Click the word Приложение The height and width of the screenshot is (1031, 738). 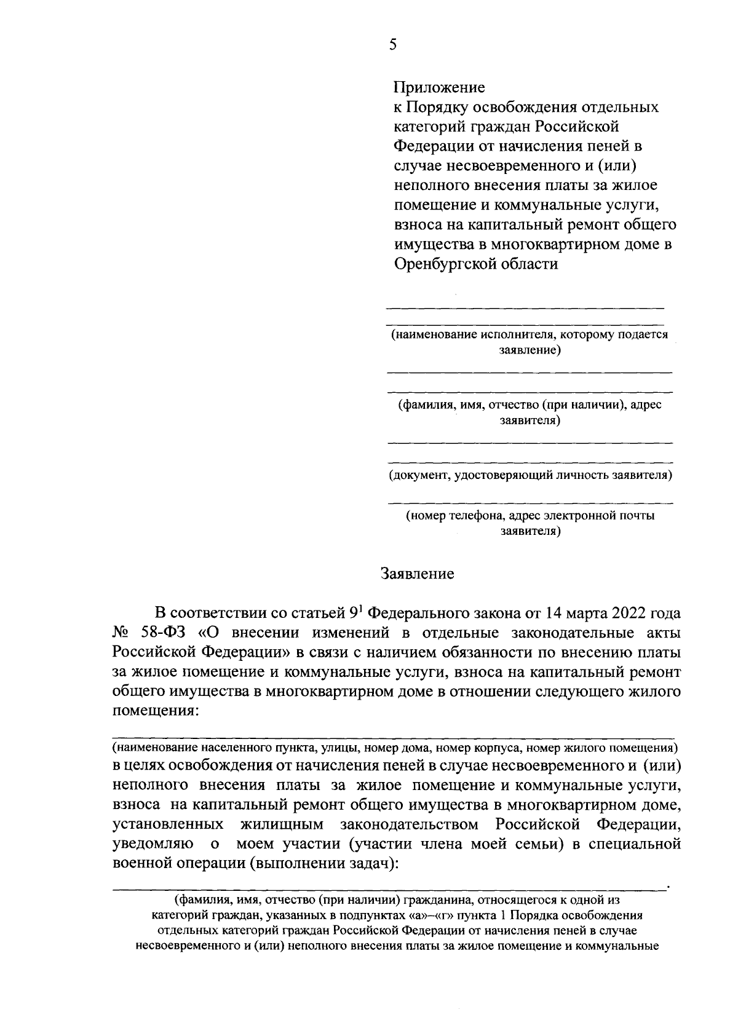point(440,87)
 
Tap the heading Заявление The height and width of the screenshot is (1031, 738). point(418,574)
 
